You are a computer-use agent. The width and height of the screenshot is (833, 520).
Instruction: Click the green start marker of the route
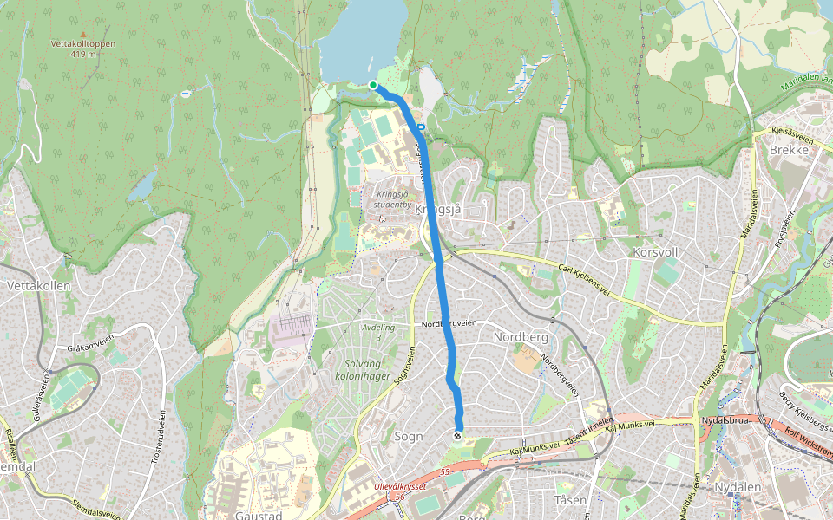click(373, 85)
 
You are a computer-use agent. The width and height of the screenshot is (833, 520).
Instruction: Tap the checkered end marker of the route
click(457, 435)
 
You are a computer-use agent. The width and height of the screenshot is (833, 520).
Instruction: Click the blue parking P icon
click(421, 128)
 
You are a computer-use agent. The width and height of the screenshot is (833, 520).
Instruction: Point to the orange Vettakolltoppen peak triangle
click(83, 34)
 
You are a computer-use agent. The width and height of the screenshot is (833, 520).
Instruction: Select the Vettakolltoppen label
click(83, 43)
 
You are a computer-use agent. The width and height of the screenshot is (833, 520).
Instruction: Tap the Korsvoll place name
click(655, 252)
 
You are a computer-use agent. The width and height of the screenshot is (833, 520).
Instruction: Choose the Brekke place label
click(789, 150)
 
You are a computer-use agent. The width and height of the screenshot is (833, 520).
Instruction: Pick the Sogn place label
click(409, 437)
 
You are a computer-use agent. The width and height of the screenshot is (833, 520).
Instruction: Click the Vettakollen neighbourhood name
click(32, 285)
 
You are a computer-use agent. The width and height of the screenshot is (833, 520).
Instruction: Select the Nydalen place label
click(738, 487)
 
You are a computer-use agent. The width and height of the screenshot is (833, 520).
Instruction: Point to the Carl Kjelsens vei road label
click(585, 280)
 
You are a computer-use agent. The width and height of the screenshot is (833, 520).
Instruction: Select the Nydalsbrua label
click(727, 420)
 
